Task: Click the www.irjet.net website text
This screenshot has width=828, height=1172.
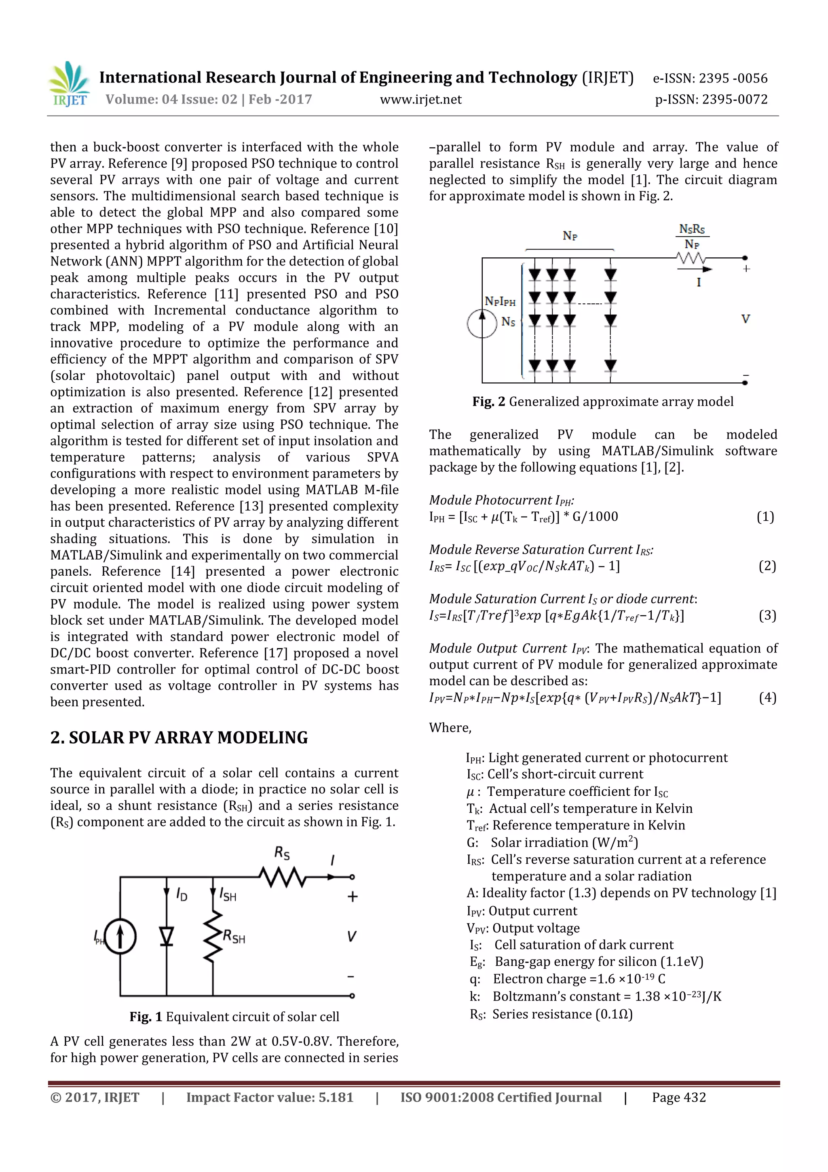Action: [420, 100]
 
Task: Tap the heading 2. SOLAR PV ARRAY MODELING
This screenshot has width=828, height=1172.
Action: [179, 738]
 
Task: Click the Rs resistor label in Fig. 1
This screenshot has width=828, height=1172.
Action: [282, 853]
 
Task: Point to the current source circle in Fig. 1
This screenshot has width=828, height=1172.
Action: [120, 937]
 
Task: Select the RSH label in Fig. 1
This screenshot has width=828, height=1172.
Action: [234, 937]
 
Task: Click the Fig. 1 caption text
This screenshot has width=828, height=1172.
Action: [234, 1016]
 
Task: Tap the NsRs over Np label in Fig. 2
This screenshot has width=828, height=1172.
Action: [692, 236]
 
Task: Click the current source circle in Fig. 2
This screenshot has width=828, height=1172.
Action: [482, 324]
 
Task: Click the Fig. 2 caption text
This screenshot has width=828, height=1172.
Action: [602, 402]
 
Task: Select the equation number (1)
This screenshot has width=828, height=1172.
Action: [765, 517]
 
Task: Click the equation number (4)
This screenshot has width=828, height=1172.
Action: [767, 697]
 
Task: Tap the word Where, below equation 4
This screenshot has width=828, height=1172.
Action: [450, 727]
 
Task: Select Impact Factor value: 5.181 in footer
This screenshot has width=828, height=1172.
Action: [269, 1097]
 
